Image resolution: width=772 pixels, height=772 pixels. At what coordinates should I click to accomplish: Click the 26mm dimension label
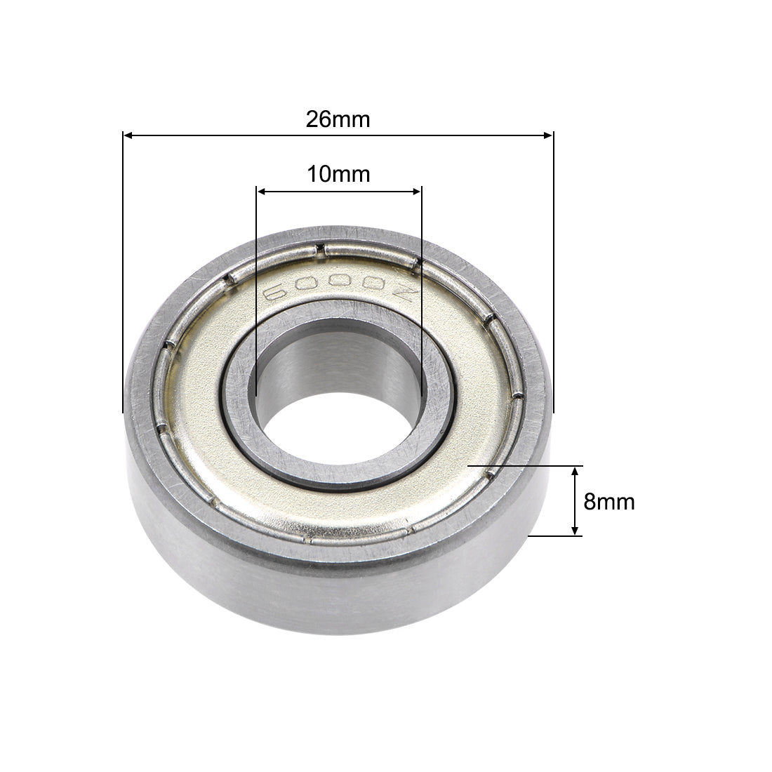(x=338, y=120)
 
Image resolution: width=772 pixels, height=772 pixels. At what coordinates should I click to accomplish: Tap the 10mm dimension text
(x=338, y=174)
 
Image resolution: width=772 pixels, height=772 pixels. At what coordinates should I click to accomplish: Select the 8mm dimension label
(x=608, y=502)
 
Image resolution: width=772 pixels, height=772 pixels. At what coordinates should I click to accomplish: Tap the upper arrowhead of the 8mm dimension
(x=575, y=471)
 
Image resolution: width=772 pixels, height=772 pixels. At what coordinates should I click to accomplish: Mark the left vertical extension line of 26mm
(x=124, y=281)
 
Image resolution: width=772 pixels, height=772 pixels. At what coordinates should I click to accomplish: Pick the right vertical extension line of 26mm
(x=554, y=281)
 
